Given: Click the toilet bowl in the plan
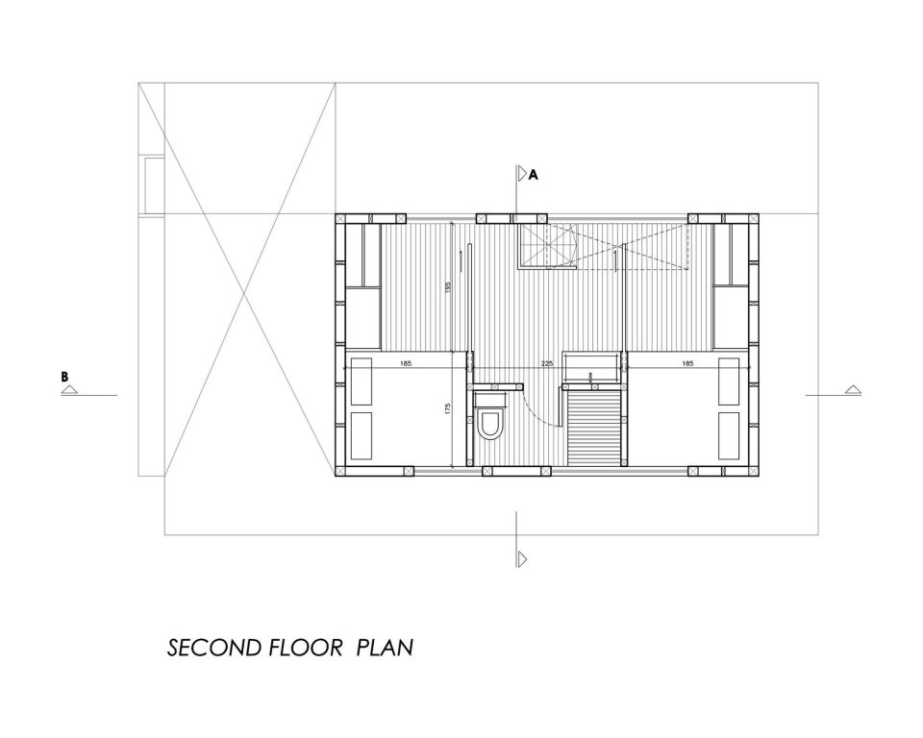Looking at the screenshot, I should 490,424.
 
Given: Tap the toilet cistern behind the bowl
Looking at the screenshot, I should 490,397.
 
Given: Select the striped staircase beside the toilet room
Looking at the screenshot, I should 594,427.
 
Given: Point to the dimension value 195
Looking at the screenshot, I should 448,287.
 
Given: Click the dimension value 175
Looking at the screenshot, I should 448,409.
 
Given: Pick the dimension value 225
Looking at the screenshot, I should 547,363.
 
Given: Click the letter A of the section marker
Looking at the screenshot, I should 533,175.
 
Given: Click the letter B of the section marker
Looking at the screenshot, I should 65,377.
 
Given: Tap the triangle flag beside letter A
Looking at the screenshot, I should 522,174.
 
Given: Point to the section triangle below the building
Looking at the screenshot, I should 522,558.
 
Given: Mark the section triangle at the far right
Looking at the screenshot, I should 853,389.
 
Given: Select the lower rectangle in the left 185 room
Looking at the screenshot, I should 362,435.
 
